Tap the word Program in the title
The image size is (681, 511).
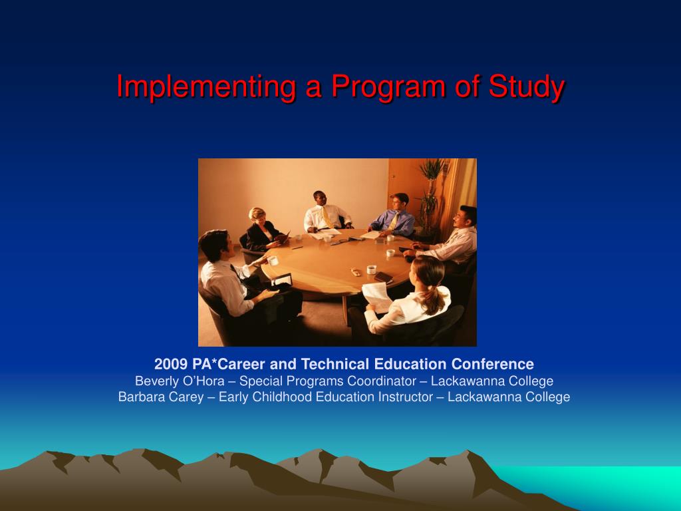pyautogui.click(x=388, y=87)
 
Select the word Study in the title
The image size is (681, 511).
pyautogui.click(x=527, y=87)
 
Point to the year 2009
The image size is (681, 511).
pyautogui.click(x=171, y=364)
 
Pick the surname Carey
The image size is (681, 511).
pyautogui.click(x=186, y=397)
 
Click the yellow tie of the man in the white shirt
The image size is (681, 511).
pyautogui.click(x=326, y=217)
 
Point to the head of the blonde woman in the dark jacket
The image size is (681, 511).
pyautogui.click(x=257, y=215)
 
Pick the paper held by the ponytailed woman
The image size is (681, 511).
pyautogui.click(x=378, y=297)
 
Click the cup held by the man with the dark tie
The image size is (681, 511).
pyautogui.click(x=273, y=261)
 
